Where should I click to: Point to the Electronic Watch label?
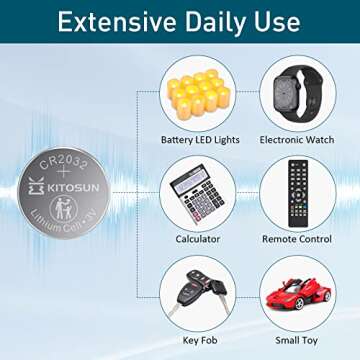click(x=295, y=139)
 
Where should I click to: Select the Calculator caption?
click(x=198, y=239)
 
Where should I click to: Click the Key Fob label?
click(x=198, y=340)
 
